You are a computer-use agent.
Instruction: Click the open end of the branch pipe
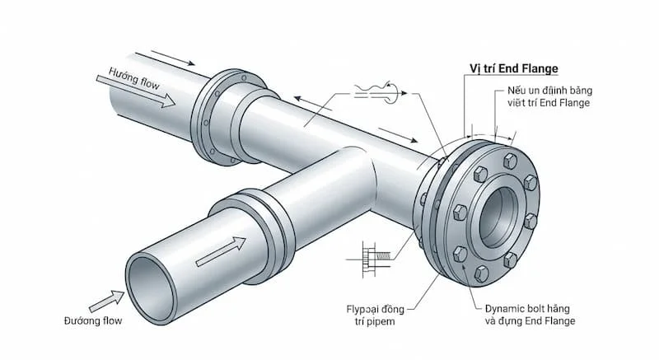(157, 283)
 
